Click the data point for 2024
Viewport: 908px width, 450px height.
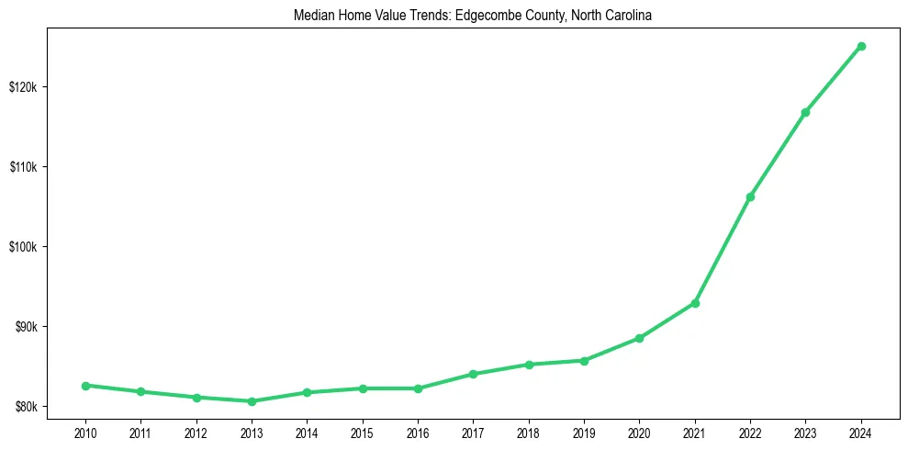[861, 46]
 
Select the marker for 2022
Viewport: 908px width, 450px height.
[750, 197]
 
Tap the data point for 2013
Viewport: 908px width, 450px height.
[252, 401]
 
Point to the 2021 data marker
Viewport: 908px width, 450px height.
[695, 303]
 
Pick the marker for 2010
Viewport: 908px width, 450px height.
[85, 386]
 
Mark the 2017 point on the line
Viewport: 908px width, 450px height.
[473, 374]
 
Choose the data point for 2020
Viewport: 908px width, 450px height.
[639, 338]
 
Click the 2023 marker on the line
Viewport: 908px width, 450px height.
[805, 112]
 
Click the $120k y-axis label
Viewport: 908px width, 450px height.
[23, 87]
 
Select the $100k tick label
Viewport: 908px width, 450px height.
[23, 247]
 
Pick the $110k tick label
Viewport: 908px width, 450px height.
[23, 167]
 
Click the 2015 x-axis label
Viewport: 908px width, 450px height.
[363, 432]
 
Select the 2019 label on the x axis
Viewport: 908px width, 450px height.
[584, 432]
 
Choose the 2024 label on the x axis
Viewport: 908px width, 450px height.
[861, 432]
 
